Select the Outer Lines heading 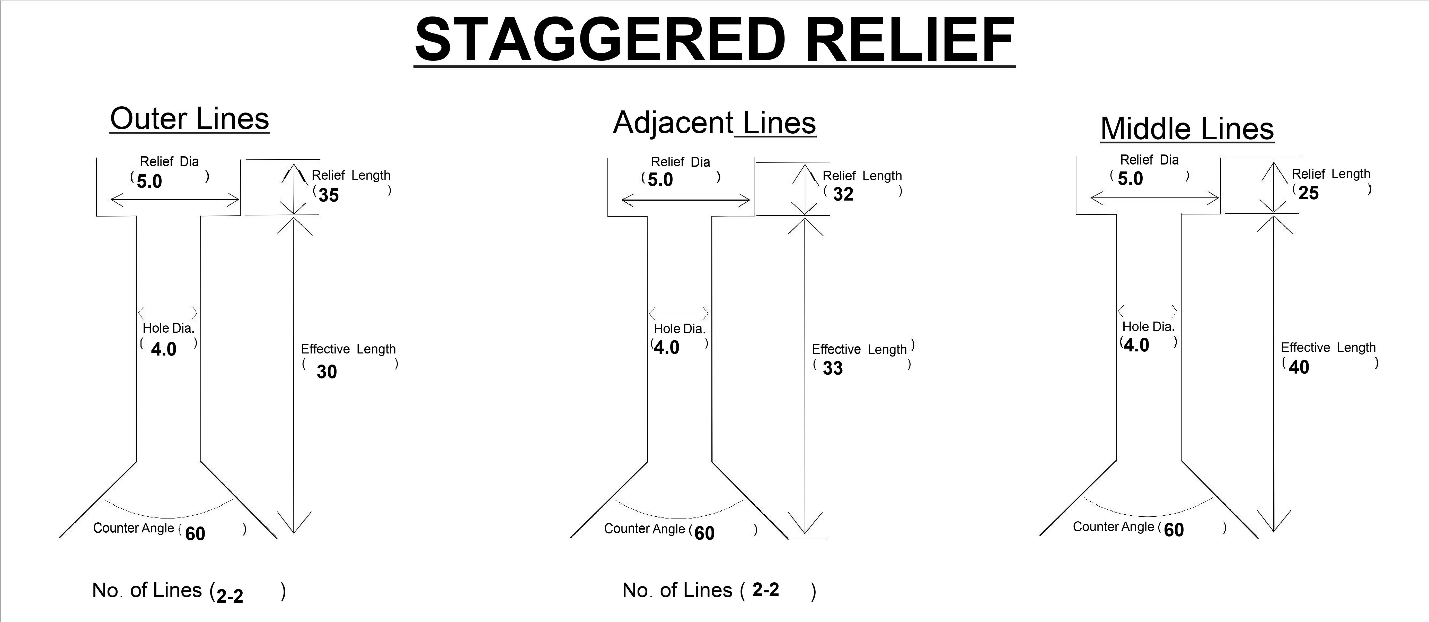pyautogui.click(x=190, y=119)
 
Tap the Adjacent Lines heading pyautogui.click(x=714, y=123)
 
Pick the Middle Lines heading pyautogui.click(x=1187, y=129)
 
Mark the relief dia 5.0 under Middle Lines pyautogui.click(x=1130, y=179)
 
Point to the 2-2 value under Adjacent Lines pyautogui.click(x=765, y=590)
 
